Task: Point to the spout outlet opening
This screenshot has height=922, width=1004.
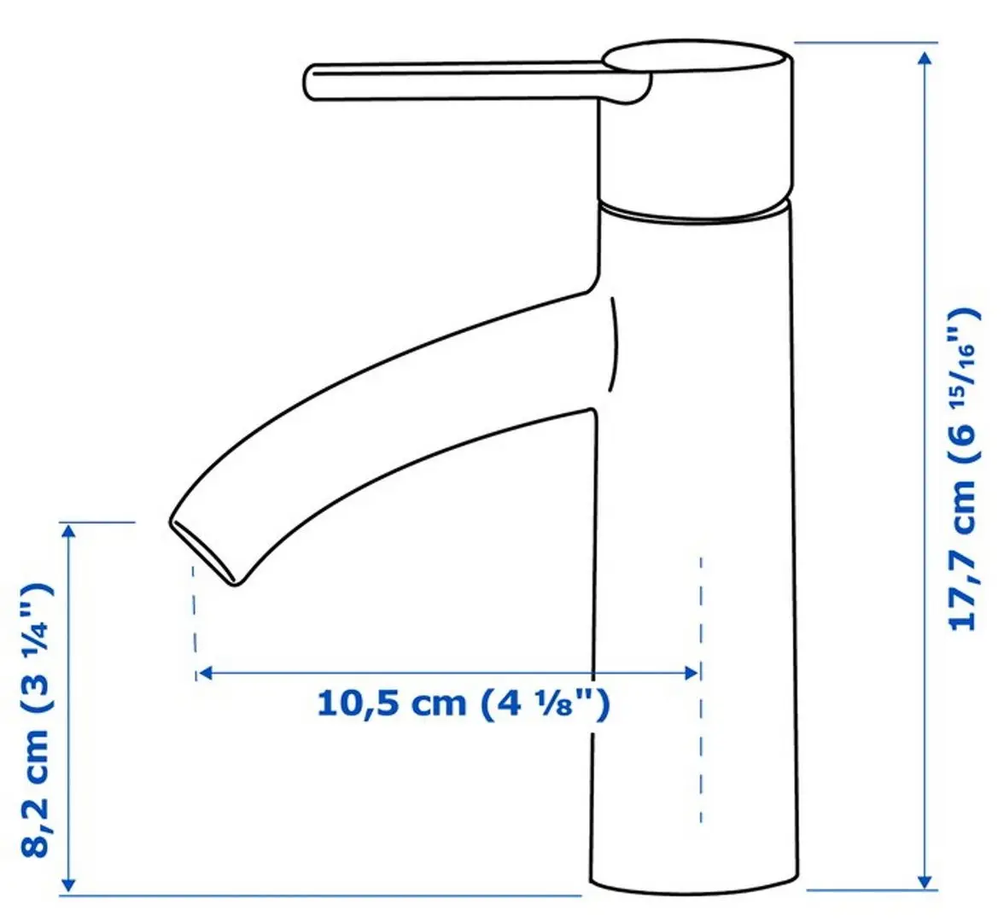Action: (203, 551)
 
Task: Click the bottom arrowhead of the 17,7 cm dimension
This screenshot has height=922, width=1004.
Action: (924, 879)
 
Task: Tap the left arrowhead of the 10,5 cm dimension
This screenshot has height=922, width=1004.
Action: (204, 674)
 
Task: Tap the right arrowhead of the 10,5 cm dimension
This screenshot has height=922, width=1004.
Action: (692, 674)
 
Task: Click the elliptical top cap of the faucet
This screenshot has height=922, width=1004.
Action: (697, 61)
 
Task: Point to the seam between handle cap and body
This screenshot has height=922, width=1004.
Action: (696, 213)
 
